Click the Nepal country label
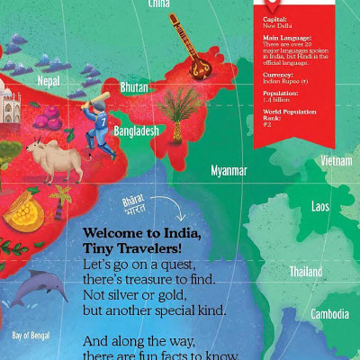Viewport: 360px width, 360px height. coord(49,81)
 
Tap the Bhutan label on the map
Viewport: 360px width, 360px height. coord(134,87)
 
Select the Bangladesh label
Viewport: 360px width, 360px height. coord(136,131)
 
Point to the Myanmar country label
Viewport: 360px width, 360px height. coord(229,170)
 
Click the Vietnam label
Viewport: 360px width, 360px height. coord(337,161)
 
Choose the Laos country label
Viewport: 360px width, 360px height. coord(320,207)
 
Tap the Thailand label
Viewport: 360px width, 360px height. coord(306,271)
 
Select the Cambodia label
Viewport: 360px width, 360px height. coord(329,314)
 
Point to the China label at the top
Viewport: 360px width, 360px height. coord(158,4)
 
